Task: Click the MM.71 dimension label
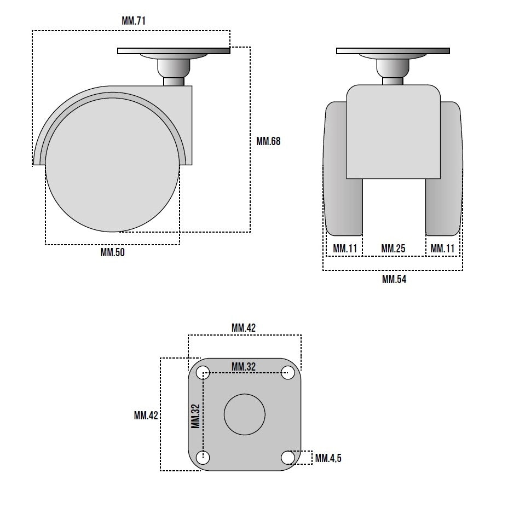134,21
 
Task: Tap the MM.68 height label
268,141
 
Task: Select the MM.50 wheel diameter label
112,252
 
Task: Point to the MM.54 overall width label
394,279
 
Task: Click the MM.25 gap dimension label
393,249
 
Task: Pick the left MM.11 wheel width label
345,249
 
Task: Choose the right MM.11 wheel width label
442,249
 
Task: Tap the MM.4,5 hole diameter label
328,458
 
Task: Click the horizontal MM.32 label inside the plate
244,367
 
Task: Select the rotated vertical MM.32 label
195,416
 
